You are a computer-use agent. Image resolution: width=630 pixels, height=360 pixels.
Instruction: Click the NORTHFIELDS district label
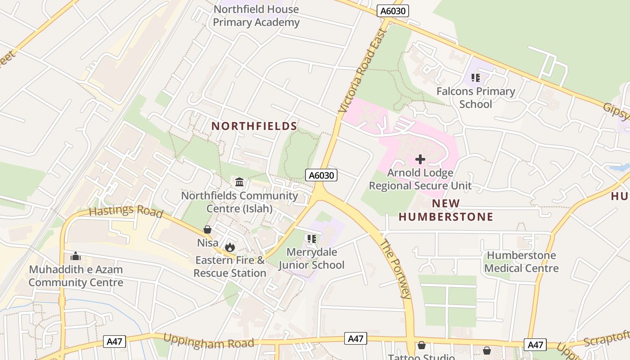(254, 126)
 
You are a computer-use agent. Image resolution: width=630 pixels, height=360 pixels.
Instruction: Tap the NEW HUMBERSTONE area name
(445, 210)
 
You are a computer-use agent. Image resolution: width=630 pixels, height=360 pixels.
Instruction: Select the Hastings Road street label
(126, 211)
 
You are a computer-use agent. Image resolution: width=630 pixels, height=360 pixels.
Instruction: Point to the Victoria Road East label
(363, 71)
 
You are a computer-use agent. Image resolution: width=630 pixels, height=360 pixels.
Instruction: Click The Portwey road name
(396, 269)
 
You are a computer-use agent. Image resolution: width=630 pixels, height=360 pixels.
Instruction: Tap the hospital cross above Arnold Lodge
(420, 159)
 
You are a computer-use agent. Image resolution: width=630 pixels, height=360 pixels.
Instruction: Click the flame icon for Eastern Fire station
(230, 247)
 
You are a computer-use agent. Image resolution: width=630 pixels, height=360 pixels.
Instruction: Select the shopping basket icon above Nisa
(207, 230)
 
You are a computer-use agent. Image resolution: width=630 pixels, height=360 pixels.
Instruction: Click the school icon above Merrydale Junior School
(311, 239)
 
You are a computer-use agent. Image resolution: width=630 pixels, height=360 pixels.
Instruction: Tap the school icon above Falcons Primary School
(476, 78)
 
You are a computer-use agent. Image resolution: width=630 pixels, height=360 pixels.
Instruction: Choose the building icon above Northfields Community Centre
(239, 182)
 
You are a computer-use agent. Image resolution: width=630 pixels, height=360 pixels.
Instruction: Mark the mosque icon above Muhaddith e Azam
(76, 256)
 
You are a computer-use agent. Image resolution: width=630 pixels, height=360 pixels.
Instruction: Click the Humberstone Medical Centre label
(522, 262)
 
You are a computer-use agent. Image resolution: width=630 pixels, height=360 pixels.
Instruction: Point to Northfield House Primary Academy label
(256, 16)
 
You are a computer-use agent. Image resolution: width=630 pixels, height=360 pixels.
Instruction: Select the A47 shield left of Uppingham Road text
(114, 342)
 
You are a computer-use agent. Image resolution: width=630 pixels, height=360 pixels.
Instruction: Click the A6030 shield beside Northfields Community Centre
(321, 175)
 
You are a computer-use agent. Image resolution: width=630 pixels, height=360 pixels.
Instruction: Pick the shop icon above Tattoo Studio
(422, 345)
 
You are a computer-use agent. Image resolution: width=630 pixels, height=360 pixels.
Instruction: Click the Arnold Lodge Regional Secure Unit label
(420, 179)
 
